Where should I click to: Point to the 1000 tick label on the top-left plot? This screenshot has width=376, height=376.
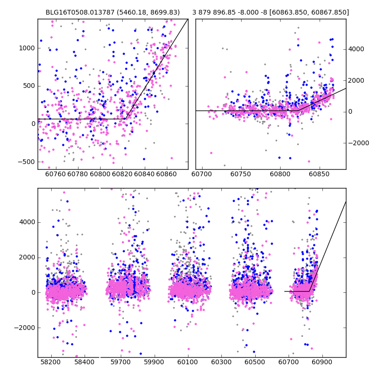pyautogui.click(x=27, y=48)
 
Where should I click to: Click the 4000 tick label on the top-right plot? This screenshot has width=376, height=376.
pyautogui.click(x=356, y=49)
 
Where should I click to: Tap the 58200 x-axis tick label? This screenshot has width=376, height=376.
pyautogui.click(x=51, y=362)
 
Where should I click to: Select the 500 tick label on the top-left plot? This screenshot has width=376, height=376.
pyautogui.click(x=29, y=86)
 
